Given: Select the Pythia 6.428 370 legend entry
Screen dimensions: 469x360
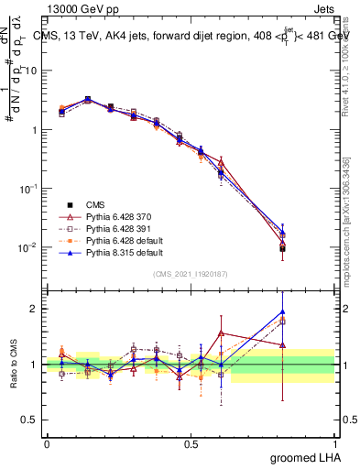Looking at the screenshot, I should pyautogui.click(x=117, y=215).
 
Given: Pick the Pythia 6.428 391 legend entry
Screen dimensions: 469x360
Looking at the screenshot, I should pyautogui.click(x=117, y=227).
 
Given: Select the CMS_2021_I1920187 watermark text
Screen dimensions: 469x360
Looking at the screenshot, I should pyautogui.click(x=191, y=274).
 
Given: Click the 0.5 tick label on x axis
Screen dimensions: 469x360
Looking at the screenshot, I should pyautogui.click(x=191, y=443).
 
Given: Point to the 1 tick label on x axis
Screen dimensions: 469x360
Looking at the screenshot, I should pyautogui.click(x=334, y=443).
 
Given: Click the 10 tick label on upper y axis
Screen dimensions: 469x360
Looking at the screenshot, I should pyautogui.click(x=32, y=71).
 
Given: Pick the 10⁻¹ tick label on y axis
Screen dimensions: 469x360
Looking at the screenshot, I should pyautogui.click(x=30, y=189).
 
